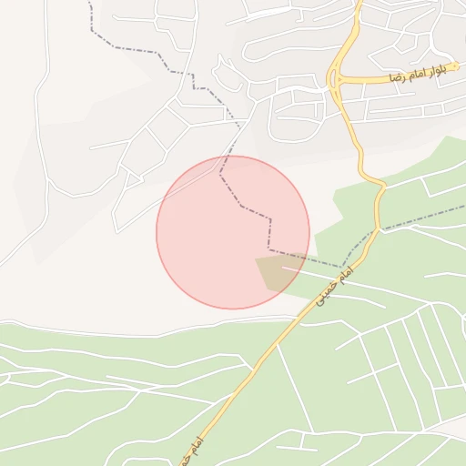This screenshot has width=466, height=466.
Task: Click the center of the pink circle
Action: tap(233, 232)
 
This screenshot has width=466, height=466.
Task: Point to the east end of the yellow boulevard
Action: tap(463, 66)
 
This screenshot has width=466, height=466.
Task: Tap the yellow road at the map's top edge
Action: tap(359, 3)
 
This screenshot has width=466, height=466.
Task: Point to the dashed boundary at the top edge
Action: tap(89, 3)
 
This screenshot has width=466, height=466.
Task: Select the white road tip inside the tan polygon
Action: tap(283, 268)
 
